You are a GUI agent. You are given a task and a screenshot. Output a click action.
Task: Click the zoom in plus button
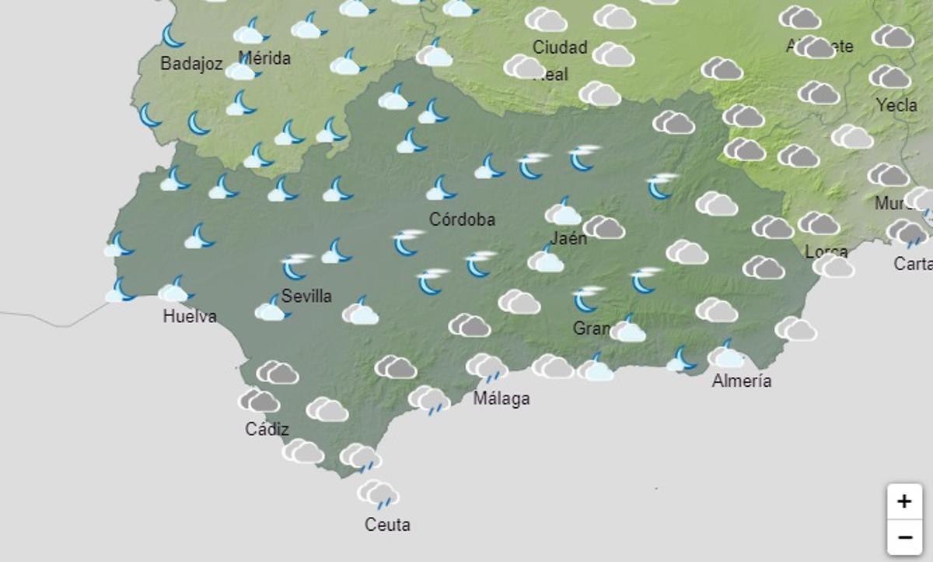coord(903,501)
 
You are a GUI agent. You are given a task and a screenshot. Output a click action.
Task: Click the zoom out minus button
coord(903,537)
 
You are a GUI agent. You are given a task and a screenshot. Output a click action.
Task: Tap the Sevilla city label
coord(306,296)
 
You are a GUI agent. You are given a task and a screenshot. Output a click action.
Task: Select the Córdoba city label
coord(462,220)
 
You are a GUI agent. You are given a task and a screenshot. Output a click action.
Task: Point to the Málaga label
coord(501,399)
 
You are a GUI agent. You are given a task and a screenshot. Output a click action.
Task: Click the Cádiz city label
coord(267,429)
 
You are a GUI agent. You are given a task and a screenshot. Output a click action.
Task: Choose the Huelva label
coord(190,316)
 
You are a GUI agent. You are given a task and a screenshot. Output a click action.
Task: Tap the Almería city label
coord(742,381)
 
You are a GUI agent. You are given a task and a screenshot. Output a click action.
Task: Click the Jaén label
coord(568,238)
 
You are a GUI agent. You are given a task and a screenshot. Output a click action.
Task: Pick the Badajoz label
coord(191,64)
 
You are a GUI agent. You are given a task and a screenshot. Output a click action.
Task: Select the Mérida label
coord(264,58)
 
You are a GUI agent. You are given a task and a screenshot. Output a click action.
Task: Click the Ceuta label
coord(387,525)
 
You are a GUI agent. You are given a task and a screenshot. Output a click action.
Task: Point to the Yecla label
coord(896,104)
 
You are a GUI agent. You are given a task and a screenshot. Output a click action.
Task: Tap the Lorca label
coord(826,251)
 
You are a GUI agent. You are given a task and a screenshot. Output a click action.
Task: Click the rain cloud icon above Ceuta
coord(378,494)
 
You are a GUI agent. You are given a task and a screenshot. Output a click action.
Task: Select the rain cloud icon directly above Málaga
coord(487,367)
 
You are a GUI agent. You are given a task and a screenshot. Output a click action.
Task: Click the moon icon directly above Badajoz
coord(173,35)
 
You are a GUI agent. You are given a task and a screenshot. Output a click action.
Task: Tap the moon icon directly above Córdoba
coord(442,188)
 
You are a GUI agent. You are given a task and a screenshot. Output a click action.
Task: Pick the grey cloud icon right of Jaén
coord(604,227)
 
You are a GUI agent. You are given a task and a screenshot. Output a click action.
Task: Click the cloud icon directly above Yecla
coord(890,77)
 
